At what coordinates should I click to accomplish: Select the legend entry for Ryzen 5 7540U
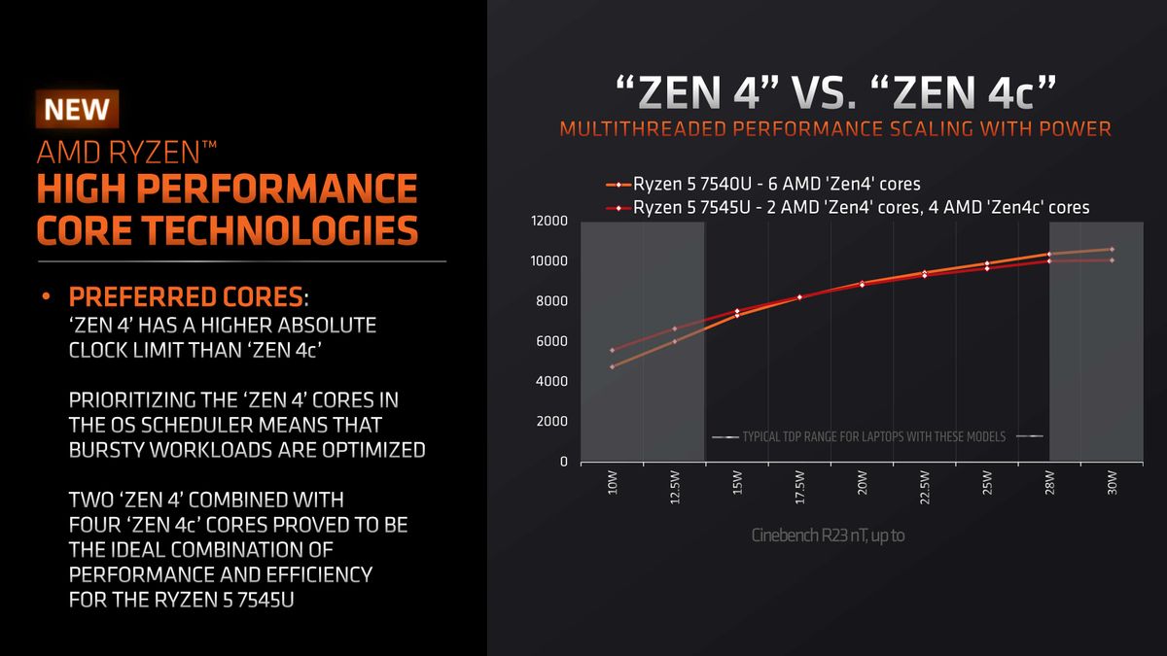[776, 184]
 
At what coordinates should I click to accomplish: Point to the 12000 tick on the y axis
[549, 222]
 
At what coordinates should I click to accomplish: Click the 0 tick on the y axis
[563, 462]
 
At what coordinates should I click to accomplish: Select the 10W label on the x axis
[613, 484]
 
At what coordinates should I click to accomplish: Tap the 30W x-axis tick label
[1113, 484]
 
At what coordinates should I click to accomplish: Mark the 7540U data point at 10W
[613, 366]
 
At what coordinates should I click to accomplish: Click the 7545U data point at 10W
[613, 350]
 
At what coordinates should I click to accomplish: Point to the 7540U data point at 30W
[1113, 250]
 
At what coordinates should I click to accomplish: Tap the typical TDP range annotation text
[874, 437]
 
